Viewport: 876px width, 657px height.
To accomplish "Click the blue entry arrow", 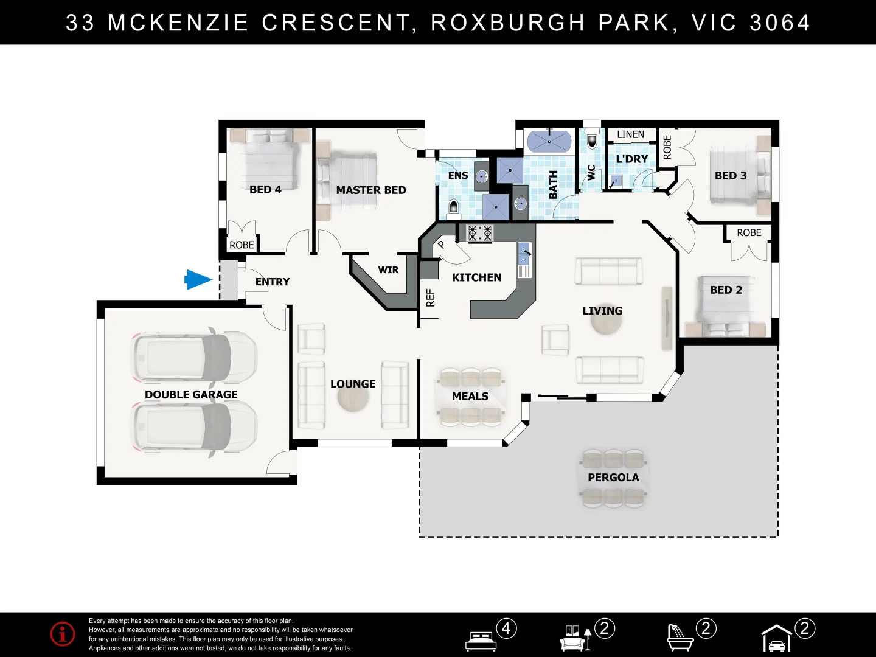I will pos(198,280).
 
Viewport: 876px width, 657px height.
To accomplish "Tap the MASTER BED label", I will pos(370,190).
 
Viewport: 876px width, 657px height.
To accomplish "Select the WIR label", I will pos(388,270).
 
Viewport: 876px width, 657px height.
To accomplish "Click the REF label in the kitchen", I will pos(431,297).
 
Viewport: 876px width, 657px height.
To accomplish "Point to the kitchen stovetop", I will pos(479,233).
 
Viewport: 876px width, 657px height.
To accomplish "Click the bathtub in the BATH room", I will pos(549,142).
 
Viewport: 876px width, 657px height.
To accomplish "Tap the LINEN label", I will pos(630,135).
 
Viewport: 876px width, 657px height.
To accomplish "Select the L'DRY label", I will pos(632,159).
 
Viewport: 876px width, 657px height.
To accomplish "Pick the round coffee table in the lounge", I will pos(353,398).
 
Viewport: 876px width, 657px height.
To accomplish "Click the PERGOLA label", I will pos(613,478).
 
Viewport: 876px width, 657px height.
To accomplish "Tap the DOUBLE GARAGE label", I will pos(191,395).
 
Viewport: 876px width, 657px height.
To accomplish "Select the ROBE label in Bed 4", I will pos(242,245).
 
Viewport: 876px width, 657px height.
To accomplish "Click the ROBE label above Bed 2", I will pos(749,233).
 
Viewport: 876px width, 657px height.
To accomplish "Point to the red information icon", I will pos(63,634).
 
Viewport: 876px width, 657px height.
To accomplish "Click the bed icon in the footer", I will pos(481,641).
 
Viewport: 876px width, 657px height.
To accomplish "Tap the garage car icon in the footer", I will pos(777,639).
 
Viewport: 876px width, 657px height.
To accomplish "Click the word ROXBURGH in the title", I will pos(508,23).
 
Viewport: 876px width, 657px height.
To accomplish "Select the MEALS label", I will pos(470,397).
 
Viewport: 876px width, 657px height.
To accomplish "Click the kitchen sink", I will pos(524,255).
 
